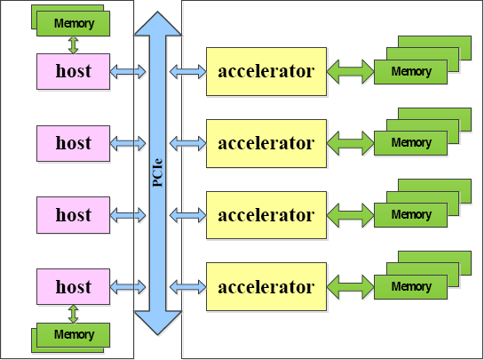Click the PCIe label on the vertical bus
(158, 172)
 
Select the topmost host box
(73, 72)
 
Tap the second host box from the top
(73, 143)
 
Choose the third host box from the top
(73, 215)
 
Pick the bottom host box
(73, 287)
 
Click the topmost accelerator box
(266, 71)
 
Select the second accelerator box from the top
(266, 143)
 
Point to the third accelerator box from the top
(266, 215)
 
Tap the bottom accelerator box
(266, 287)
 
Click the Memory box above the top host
(73, 23)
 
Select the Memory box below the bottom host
(73, 335)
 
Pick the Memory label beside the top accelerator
(411, 72)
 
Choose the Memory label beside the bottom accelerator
(411, 287)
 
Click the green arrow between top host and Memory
(73, 45)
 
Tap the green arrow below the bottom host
(73, 314)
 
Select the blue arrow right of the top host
(128, 72)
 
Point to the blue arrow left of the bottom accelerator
(187, 287)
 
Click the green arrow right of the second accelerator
(350, 143)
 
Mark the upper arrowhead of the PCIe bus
(158, 23)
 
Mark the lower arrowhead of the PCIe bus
(158, 323)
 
